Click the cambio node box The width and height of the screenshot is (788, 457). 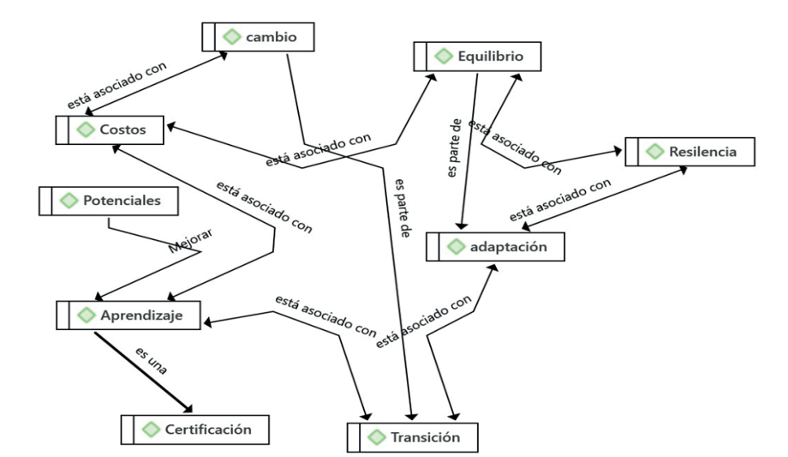pos(260,37)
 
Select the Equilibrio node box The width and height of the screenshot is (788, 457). pos(477,56)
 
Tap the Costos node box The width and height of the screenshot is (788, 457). pos(111,129)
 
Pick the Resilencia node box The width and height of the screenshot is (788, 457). pos(689,151)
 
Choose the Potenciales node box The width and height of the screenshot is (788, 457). pos(111,201)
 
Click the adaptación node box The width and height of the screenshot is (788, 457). pos(496,247)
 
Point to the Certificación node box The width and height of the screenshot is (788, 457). pos(200,428)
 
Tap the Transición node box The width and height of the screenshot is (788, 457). pos(413,436)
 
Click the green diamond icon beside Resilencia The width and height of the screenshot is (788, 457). pos(656,151)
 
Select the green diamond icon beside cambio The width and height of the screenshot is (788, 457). pos(230,37)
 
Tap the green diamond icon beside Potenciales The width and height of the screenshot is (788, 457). pos(69,201)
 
